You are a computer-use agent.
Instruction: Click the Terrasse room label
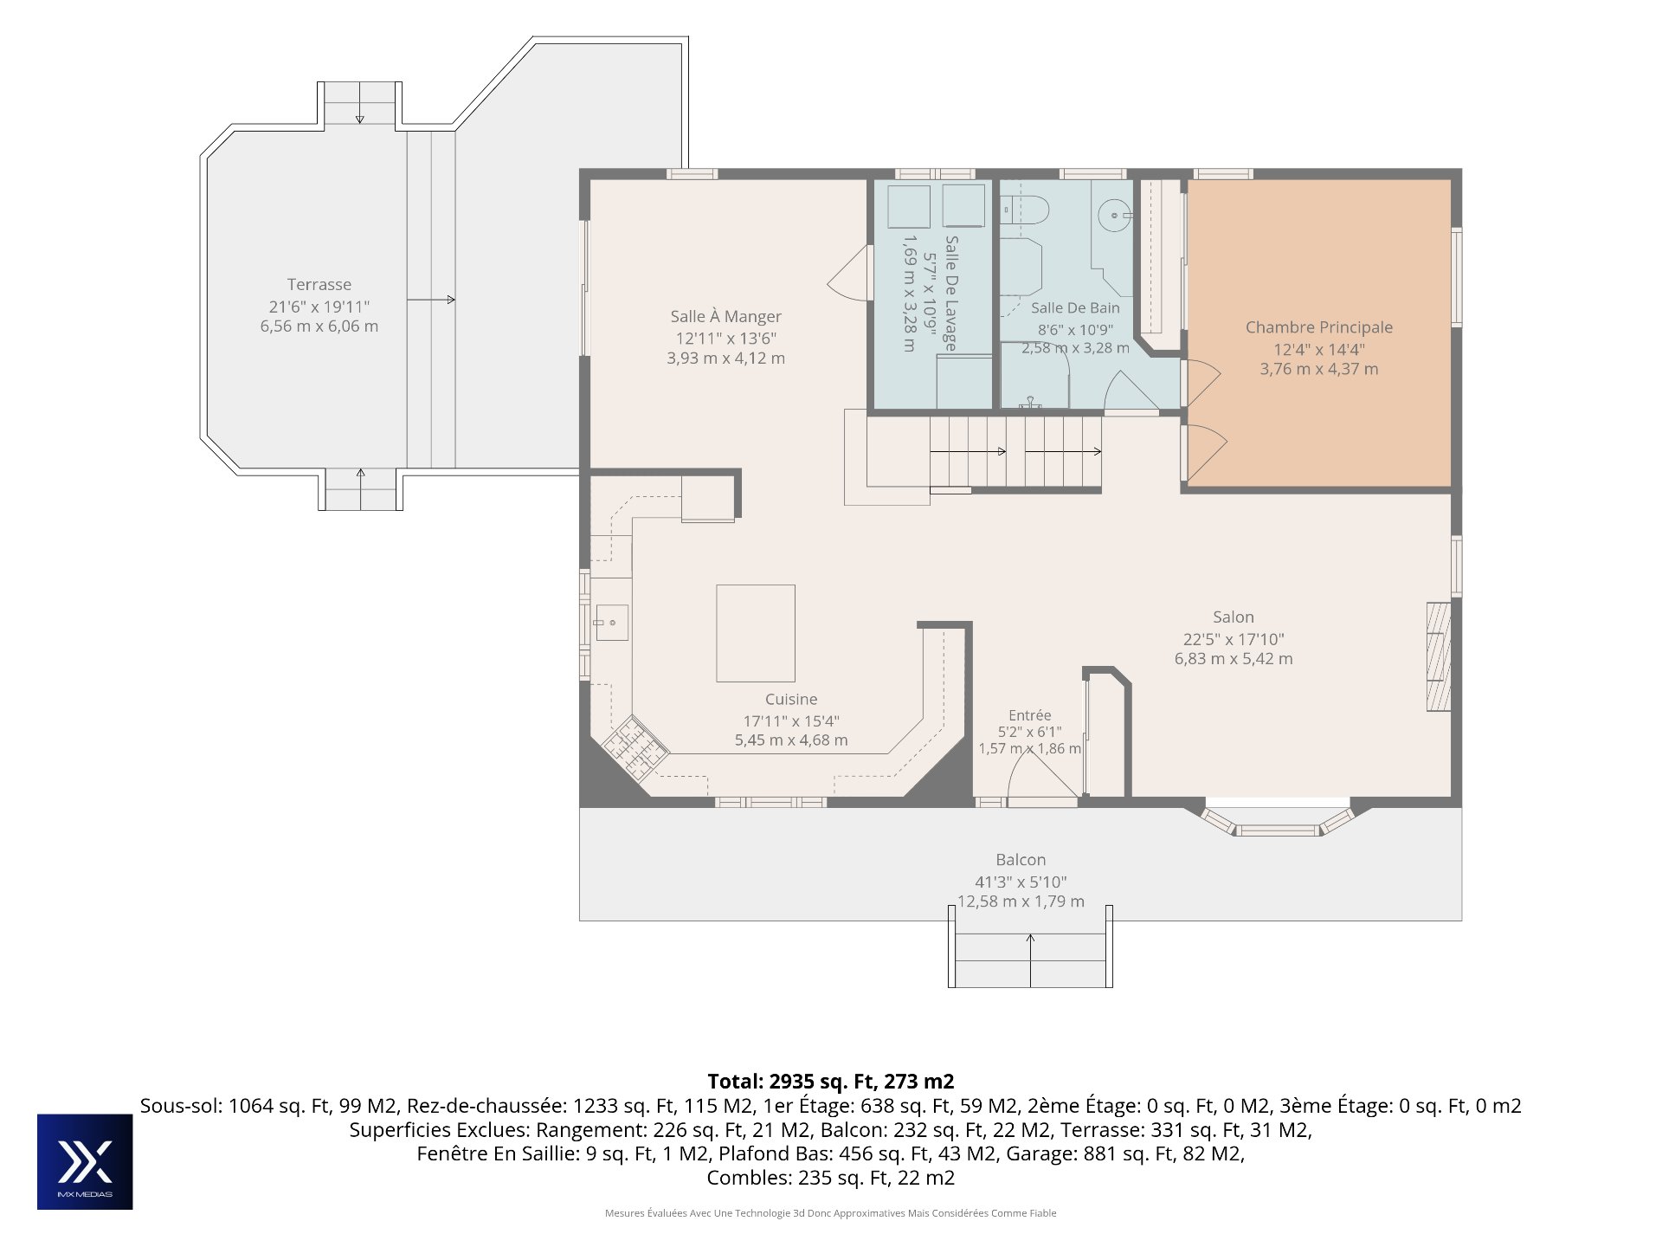(x=319, y=285)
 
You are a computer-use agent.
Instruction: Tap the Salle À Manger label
(x=725, y=317)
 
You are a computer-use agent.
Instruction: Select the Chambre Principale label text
(x=1319, y=327)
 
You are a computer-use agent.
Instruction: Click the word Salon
(x=1234, y=617)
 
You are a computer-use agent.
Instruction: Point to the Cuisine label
(x=791, y=700)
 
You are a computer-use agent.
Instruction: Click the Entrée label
(x=1030, y=715)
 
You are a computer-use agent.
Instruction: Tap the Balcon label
(x=1021, y=860)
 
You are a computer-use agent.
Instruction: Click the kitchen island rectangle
(x=756, y=633)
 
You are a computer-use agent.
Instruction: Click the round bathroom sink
(x=1114, y=214)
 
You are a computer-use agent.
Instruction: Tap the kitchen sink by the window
(x=611, y=622)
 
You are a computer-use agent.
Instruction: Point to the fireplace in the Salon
(x=1439, y=656)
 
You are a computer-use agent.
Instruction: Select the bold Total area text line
(x=831, y=1082)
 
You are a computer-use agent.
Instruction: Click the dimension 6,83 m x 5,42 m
(x=1234, y=659)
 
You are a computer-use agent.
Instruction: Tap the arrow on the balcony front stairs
(x=1030, y=960)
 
